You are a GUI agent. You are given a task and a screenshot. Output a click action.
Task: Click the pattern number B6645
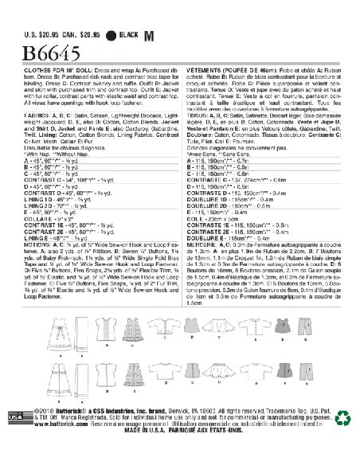(x=37, y=33)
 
